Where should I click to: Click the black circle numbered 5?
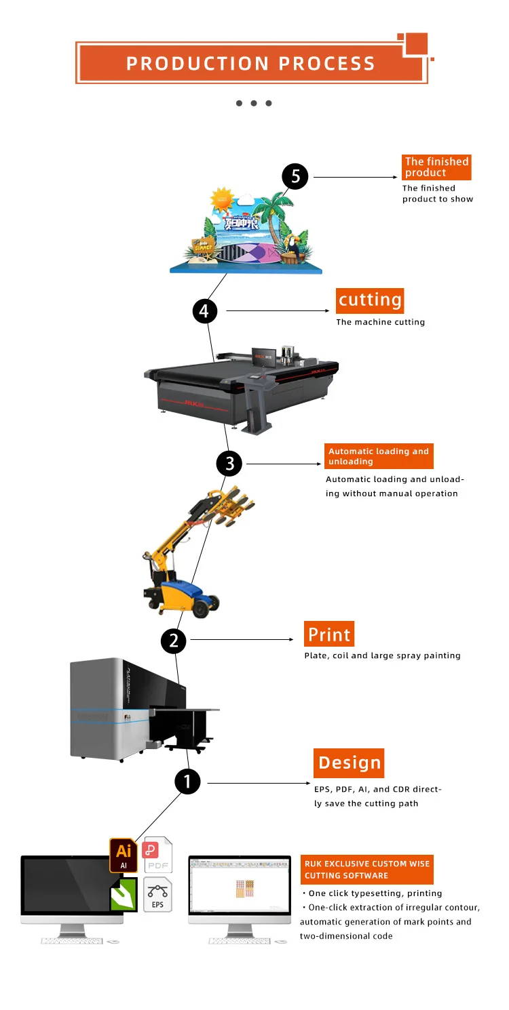click(x=295, y=177)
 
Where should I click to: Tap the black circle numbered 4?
click(x=205, y=311)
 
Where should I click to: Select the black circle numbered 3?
click(x=229, y=464)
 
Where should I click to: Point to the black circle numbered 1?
click(x=188, y=782)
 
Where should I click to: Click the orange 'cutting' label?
click(x=370, y=300)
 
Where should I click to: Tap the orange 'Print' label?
click(x=329, y=634)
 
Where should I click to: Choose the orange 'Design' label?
click(x=349, y=763)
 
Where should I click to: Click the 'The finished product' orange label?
click(x=436, y=167)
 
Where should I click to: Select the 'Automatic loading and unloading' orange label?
click(x=379, y=456)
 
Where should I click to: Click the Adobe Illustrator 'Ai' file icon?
click(x=124, y=855)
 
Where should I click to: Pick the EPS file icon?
click(x=157, y=894)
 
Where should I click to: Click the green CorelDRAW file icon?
click(x=124, y=895)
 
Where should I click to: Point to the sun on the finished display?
click(x=221, y=200)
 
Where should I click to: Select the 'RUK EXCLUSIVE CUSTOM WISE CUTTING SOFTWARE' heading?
click(x=366, y=870)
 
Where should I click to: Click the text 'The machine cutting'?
click(x=380, y=322)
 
